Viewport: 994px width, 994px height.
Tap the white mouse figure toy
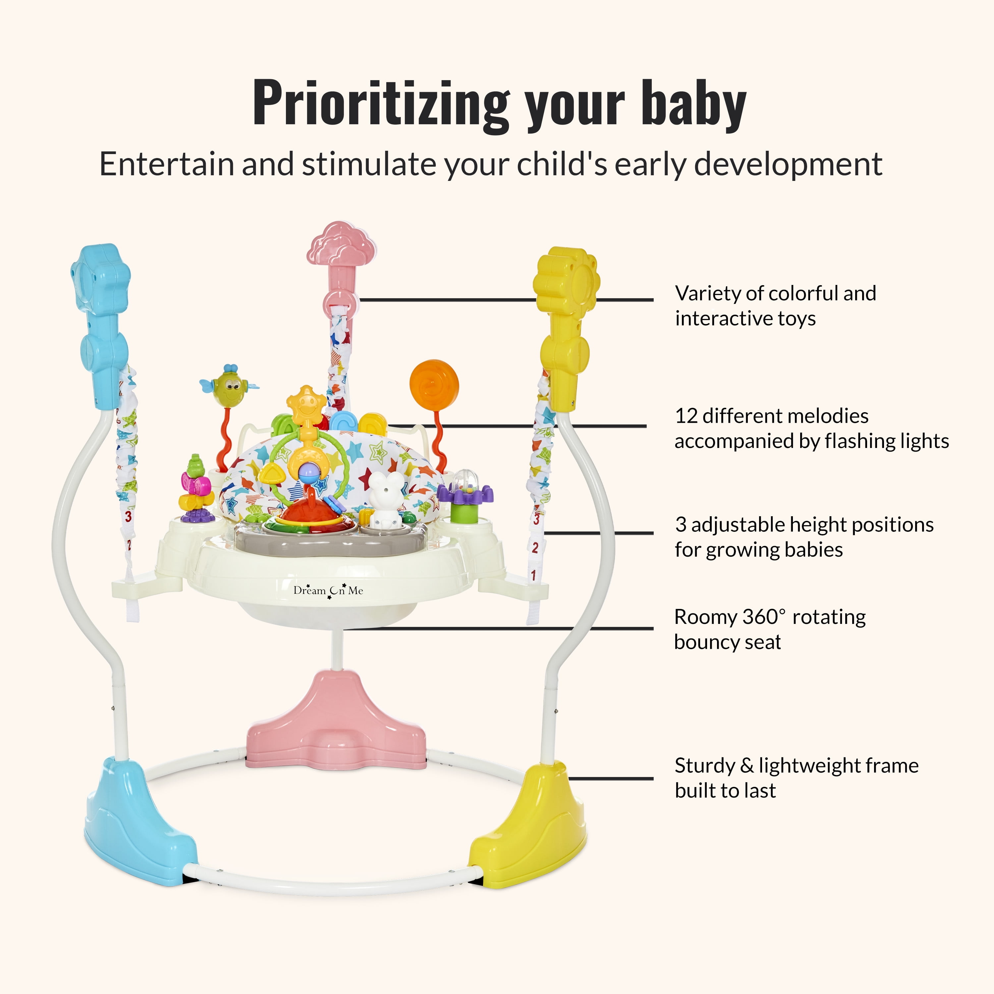tap(384, 499)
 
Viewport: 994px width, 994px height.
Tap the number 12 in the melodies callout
tap(686, 416)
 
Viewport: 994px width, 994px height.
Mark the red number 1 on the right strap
tap(533, 574)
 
